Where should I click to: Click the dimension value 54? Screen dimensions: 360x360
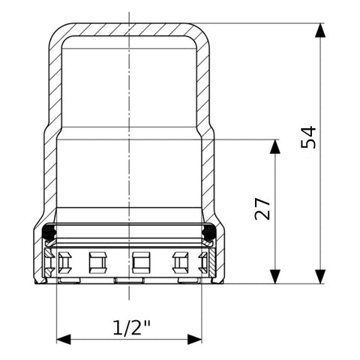(x=308, y=137)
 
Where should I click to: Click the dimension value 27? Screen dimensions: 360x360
(x=262, y=208)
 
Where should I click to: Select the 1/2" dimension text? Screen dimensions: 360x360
(x=132, y=328)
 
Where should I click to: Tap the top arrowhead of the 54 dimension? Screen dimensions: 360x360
(x=320, y=30)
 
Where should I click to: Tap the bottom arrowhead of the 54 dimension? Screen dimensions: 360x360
(x=320, y=277)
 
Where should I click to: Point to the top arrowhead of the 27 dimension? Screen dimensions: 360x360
(x=275, y=146)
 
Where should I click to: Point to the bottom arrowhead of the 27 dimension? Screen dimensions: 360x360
(x=275, y=277)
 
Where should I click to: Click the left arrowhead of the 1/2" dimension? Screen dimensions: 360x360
(x=64, y=339)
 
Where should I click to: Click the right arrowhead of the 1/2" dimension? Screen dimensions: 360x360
(x=194, y=339)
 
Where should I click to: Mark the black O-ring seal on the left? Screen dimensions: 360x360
(x=49, y=232)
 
